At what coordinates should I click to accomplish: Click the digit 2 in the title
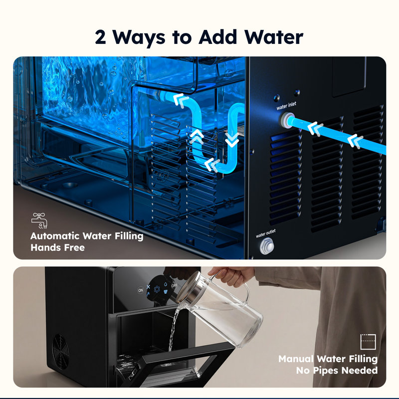point(100,37)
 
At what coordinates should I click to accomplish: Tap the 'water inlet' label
point(286,106)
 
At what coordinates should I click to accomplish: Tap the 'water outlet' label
point(266,233)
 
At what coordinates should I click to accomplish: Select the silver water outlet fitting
point(267,246)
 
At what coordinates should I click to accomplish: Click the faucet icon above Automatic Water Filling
point(39,220)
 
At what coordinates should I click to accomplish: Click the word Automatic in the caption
point(55,236)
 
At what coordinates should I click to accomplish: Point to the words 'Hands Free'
point(58,247)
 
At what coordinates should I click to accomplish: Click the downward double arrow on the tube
point(232,140)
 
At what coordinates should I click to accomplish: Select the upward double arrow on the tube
point(197,137)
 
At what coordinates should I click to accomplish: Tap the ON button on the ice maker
point(141,290)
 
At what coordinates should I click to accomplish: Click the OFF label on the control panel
point(174,285)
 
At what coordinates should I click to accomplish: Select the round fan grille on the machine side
point(60,352)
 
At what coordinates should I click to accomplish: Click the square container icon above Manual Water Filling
point(368,342)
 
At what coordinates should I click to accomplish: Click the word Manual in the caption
point(296,359)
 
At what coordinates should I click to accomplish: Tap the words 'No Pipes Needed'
point(337,370)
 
